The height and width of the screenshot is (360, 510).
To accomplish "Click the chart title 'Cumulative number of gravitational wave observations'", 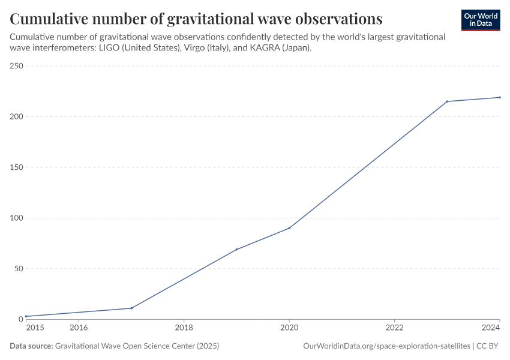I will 196,19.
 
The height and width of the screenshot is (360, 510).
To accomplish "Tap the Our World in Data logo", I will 480,20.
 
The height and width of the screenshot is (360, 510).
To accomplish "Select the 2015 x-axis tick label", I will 35,328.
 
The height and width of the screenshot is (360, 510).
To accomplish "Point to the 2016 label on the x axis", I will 79,328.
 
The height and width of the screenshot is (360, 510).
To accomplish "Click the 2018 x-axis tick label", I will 184,328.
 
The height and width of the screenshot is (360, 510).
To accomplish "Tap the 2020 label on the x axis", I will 289,328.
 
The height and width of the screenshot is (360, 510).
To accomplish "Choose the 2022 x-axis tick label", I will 394,328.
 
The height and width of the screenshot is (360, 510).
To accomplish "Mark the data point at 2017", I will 131,308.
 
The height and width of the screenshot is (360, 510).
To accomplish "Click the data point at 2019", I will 236,249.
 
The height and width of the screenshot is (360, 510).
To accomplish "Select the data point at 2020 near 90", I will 289,228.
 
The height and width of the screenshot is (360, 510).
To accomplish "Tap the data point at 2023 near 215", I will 447,101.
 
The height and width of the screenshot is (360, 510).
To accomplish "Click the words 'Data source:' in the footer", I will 31,346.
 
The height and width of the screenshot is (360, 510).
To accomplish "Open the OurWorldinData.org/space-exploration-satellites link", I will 387,346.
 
